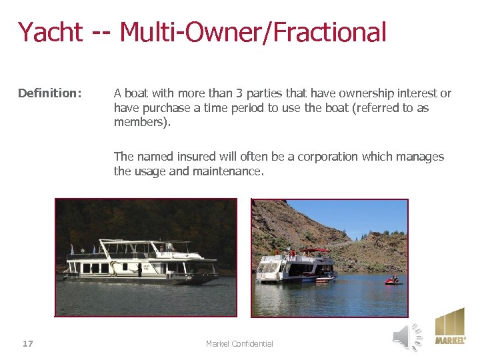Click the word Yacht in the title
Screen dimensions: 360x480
[50, 32]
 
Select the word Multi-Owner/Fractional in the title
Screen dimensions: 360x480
[253, 32]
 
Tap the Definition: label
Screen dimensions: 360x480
[50, 93]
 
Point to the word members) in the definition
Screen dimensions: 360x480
[142, 123]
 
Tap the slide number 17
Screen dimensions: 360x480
[27, 344]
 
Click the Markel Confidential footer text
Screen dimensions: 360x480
[239, 344]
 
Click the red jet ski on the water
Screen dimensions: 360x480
[393, 281]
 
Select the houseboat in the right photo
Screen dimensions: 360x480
[296, 267]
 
